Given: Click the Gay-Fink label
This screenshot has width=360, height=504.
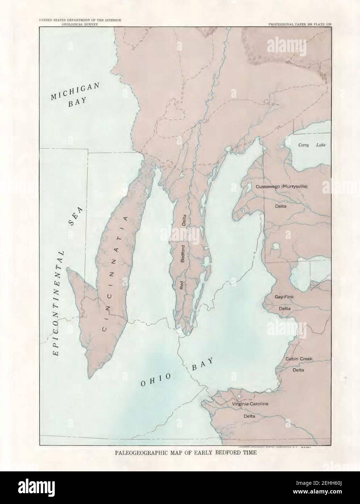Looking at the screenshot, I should coord(284,297).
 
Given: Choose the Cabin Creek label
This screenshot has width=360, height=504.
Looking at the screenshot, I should coord(299,359).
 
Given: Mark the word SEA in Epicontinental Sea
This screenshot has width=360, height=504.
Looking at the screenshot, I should coord(75,218).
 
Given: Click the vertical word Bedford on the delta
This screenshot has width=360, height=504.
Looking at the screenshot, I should coord(183,254).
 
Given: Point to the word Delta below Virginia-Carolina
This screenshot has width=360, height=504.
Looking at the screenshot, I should coord(249,416).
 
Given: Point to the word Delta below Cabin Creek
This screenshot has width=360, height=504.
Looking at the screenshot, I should coord(298,370).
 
